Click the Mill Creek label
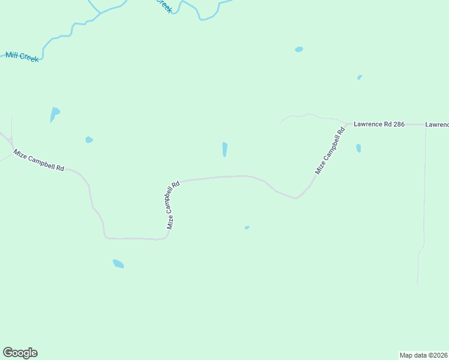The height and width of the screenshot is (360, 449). pyautogui.click(x=22, y=57)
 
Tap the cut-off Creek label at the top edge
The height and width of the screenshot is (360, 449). pyautogui.click(x=164, y=5)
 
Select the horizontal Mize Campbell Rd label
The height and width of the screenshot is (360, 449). pyautogui.click(x=39, y=161)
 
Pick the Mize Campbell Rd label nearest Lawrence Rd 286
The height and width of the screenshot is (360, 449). pyautogui.click(x=330, y=151)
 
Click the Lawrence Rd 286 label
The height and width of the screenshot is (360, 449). pyautogui.click(x=379, y=124)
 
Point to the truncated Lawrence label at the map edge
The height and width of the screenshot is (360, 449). pyautogui.click(x=437, y=125)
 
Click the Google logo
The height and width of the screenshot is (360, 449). pyautogui.click(x=20, y=353)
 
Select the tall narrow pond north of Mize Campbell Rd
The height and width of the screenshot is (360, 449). pyautogui.click(x=224, y=149)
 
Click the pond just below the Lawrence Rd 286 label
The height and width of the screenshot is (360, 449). pyautogui.click(x=358, y=148)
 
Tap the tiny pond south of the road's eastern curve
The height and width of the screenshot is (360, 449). pyautogui.click(x=247, y=227)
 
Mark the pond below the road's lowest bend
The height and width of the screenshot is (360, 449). pyautogui.click(x=118, y=263)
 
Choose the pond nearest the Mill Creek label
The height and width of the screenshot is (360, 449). pyautogui.click(x=55, y=113)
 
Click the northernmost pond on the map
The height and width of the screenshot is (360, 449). pyautogui.click(x=299, y=49)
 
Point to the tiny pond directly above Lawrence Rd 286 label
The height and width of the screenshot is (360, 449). pyautogui.click(x=360, y=77)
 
